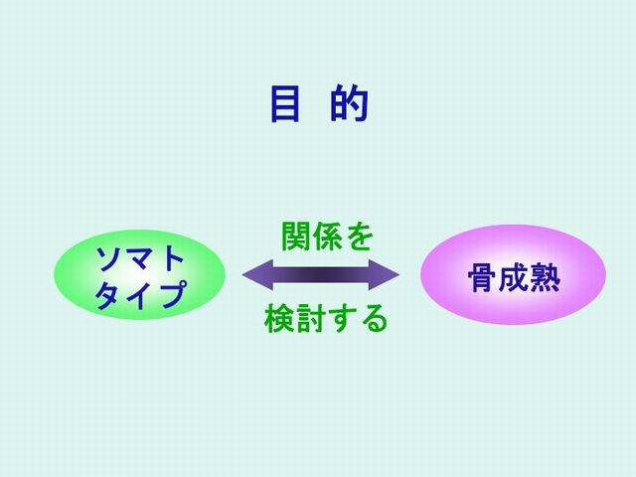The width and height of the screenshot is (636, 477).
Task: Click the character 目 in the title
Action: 285,103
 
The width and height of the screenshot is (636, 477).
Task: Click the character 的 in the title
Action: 349,103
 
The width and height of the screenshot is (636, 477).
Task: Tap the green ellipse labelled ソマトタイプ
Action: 140,275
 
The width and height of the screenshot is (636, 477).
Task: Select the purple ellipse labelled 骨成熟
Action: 513,275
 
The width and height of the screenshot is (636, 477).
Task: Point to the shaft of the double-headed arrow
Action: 321,275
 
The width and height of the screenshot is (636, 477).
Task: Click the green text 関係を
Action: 327,237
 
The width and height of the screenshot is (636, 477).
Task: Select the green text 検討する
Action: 326,319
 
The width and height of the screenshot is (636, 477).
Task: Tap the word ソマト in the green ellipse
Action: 140,258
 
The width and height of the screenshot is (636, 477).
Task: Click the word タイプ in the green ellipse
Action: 141,294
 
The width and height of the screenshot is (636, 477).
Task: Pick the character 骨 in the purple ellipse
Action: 483,278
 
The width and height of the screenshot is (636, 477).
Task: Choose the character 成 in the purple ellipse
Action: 515,278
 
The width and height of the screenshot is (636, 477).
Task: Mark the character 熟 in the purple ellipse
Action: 546,278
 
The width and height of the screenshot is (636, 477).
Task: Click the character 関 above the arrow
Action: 296,237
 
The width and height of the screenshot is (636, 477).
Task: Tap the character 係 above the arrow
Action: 327,237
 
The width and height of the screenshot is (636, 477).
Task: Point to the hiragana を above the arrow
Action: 359,237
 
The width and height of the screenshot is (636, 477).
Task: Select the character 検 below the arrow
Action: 279,319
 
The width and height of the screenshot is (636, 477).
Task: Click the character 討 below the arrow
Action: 311,319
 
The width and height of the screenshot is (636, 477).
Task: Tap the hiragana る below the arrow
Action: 375,319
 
